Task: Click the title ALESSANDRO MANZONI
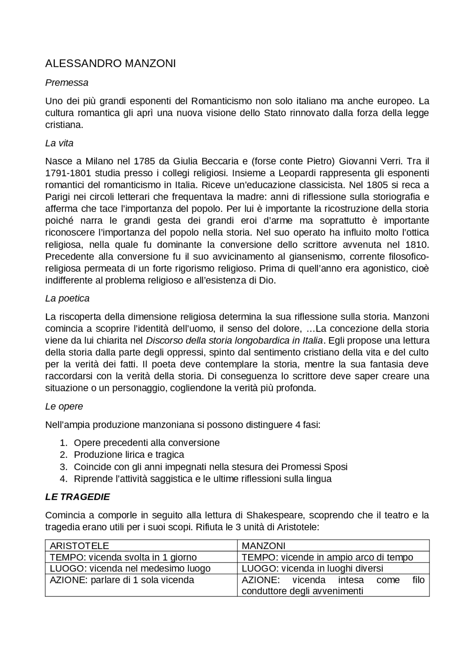click(x=110, y=64)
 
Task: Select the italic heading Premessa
click(x=67, y=83)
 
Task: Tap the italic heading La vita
click(x=59, y=143)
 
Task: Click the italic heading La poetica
click(x=67, y=298)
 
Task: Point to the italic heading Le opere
click(x=64, y=406)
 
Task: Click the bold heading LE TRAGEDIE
click(x=78, y=497)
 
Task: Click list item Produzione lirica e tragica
click(x=129, y=455)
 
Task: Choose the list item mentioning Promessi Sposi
click(x=210, y=467)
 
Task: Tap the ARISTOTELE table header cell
click(x=79, y=546)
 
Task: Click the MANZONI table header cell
click(x=263, y=546)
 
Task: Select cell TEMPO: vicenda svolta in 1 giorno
click(x=123, y=557)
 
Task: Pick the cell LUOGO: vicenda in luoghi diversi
click(x=312, y=568)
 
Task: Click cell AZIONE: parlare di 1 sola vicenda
click(x=122, y=580)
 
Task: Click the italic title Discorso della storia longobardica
click(x=234, y=341)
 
